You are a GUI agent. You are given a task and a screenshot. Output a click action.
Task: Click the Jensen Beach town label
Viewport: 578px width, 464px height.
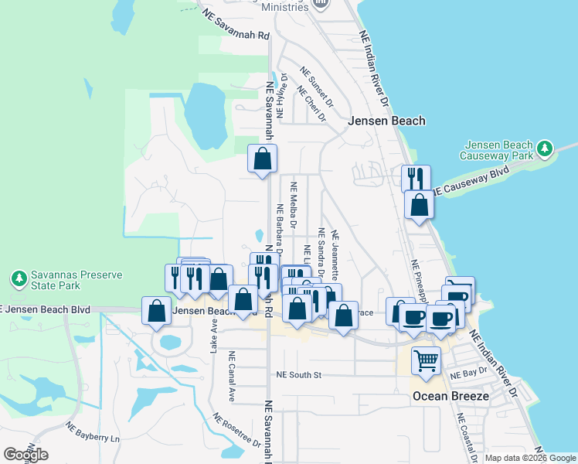tap(386, 121)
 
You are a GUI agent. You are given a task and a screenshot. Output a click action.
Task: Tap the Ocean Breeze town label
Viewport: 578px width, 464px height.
tap(450, 396)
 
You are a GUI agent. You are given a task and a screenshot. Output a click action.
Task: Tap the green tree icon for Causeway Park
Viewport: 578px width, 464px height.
tap(545, 147)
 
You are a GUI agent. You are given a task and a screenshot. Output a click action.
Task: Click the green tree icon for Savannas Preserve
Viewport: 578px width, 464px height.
tap(18, 277)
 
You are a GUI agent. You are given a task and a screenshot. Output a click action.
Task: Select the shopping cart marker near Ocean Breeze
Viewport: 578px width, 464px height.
tap(426, 360)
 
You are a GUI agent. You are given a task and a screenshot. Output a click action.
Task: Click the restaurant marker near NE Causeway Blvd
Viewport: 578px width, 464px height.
tap(416, 179)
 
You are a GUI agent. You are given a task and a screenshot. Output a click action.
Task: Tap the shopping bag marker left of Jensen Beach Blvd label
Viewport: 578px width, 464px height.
tap(157, 310)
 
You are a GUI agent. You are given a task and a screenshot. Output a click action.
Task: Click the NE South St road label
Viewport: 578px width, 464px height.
tap(298, 375)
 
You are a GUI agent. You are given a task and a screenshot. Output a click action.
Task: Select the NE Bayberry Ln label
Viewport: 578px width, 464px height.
tap(93, 432)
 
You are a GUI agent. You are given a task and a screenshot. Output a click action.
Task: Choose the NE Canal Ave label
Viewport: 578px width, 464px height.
tap(231, 377)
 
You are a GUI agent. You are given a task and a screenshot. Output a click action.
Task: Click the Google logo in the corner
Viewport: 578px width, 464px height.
tap(25, 455)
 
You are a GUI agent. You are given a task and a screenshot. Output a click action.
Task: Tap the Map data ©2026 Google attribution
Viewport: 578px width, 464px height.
tap(531, 458)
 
